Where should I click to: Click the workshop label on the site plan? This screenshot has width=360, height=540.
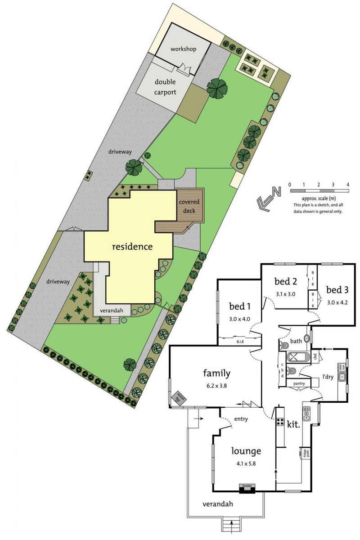point(183,49)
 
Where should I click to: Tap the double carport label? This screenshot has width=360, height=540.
point(165,87)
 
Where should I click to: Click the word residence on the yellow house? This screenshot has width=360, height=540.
point(132,247)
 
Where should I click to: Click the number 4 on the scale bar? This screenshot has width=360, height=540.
point(347,184)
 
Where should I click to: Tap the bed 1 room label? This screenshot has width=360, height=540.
point(240,307)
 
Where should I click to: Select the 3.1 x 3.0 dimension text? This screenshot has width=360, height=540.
point(286,294)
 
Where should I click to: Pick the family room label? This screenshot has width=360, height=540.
point(217,373)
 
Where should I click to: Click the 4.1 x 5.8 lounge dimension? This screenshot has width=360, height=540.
point(246,463)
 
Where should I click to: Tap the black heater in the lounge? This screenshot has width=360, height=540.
point(246,487)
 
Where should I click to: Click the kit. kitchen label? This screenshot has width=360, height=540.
point(293,424)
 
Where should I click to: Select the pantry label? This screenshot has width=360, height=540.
point(299,383)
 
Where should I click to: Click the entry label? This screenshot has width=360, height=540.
point(241,419)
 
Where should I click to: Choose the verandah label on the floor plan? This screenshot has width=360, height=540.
point(217,504)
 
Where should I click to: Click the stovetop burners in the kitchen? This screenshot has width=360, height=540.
point(279,423)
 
